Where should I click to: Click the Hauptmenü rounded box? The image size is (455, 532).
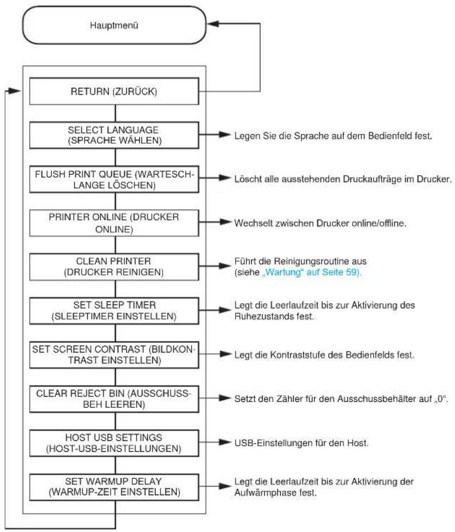(x=114, y=25)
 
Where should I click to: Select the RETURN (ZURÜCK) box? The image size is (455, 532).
(x=114, y=91)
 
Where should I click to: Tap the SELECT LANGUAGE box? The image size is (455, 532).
(x=114, y=135)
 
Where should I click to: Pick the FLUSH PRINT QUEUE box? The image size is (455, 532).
(x=114, y=179)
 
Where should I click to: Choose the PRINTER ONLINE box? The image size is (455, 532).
(x=114, y=223)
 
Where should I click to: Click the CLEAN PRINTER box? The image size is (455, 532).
(x=114, y=267)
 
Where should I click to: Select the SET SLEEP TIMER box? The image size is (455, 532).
(x=114, y=311)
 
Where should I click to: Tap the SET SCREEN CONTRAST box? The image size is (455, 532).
(x=114, y=355)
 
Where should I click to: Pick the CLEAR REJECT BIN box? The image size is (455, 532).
(x=114, y=399)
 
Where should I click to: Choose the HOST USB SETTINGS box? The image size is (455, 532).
(x=114, y=443)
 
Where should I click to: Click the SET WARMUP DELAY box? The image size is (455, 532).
(x=114, y=487)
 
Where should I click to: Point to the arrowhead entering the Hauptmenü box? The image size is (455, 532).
(x=213, y=23)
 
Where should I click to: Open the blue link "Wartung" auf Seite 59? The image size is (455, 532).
(x=311, y=272)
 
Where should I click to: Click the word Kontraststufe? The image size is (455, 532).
(x=298, y=355)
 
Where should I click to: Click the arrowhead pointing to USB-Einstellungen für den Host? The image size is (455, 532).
(x=225, y=442)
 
